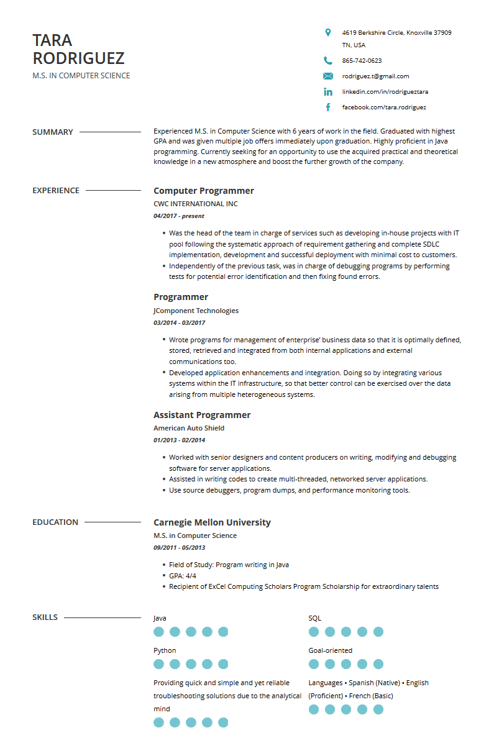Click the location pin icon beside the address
(328, 32)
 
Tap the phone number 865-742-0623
(362, 61)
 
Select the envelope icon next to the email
(328, 76)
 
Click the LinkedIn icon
(328, 92)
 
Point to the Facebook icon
(328, 107)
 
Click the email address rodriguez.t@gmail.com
(375, 76)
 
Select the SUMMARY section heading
(53, 132)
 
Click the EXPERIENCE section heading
(56, 191)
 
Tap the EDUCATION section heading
(55, 522)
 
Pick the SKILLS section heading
(45, 617)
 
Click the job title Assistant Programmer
(202, 415)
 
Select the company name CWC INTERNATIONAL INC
(195, 204)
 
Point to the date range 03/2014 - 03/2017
(179, 323)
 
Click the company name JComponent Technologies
(196, 311)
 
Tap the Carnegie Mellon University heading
(212, 522)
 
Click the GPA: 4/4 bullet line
(182, 576)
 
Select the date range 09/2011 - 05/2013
(179, 548)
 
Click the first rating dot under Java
(158, 632)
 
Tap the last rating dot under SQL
(378, 632)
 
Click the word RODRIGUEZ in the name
(78, 58)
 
